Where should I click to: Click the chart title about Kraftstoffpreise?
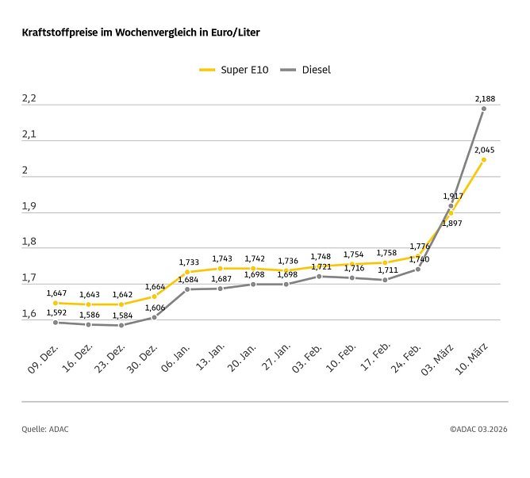pyautogui.click(x=140, y=33)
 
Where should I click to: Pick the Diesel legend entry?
pyautogui.click(x=305, y=70)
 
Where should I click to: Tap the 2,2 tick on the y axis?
pyautogui.click(x=29, y=98)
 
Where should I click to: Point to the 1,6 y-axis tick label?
pyautogui.click(x=29, y=314)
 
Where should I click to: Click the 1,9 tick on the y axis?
pyautogui.click(x=29, y=206)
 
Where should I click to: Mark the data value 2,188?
pyautogui.click(x=485, y=98)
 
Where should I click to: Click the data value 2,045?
pyautogui.click(x=485, y=149)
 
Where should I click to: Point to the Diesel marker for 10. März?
pyautogui.click(x=483, y=109)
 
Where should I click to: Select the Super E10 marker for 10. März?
pyautogui.click(x=483, y=159)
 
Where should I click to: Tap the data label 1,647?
pyautogui.click(x=56, y=293)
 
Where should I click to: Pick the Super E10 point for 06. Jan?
pyautogui.click(x=187, y=272)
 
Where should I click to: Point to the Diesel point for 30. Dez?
pyautogui.click(x=155, y=317)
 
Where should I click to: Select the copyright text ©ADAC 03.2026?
pyautogui.click(x=478, y=429)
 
